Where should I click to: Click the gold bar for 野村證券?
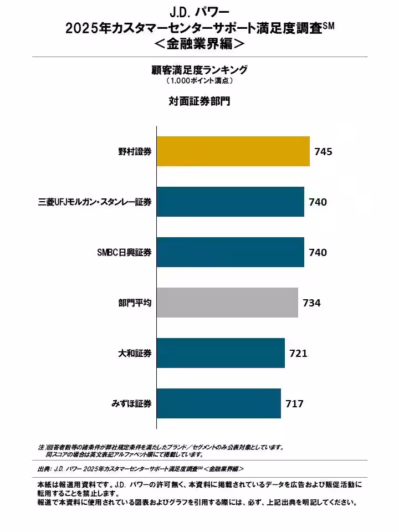pos(233,151)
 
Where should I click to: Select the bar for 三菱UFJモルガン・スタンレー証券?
pos(230,202)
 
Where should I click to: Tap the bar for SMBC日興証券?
pos(230,252)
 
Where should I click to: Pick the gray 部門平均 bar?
pos(227,303)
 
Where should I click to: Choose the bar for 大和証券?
pos(221,353)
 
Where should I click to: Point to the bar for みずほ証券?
pos(218,403)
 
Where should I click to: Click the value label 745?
pos(323,151)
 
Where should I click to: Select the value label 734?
pos(311,303)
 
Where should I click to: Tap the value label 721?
pos(298,353)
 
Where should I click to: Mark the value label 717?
pos(294,403)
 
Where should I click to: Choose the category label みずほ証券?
pos(131,404)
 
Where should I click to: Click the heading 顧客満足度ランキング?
pos(199,70)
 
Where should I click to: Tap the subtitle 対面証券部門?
pos(199,101)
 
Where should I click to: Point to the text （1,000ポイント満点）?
pos(199,81)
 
